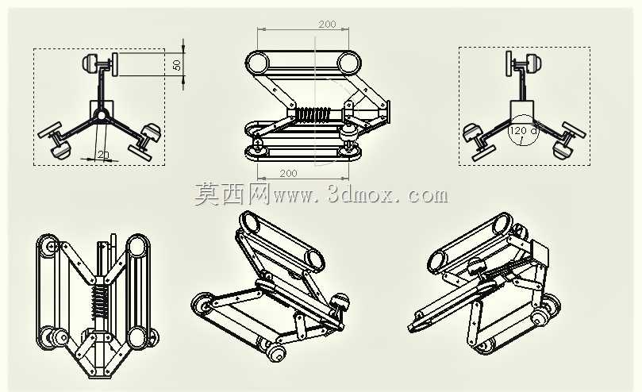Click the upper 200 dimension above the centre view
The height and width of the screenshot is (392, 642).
tap(327, 24)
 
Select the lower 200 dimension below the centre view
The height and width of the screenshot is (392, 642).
tap(288, 173)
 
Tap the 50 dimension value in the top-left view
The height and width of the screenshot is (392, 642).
tap(177, 65)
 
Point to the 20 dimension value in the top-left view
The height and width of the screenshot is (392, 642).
tap(103, 155)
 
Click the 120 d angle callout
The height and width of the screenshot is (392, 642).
tap(522, 131)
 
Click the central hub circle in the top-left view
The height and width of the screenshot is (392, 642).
tap(100, 116)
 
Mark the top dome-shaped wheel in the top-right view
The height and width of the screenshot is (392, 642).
tap(534, 63)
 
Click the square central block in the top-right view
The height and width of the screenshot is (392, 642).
tap(522, 110)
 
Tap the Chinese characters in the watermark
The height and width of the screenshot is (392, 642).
tap(232, 194)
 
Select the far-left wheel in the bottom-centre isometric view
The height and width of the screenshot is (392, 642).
tap(201, 304)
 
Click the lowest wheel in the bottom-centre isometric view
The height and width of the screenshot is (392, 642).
tap(276, 353)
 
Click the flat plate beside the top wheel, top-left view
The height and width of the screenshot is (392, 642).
tap(115, 64)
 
